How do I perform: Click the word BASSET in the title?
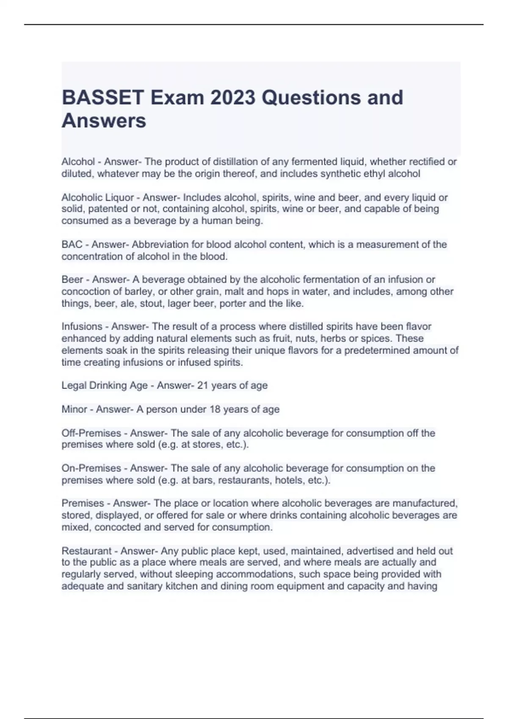(x=103, y=98)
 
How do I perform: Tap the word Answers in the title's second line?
(x=104, y=121)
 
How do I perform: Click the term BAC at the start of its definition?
(x=72, y=244)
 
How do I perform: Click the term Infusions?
(x=82, y=327)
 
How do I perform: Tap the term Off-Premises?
(x=91, y=433)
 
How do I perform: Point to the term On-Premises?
(x=91, y=468)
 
